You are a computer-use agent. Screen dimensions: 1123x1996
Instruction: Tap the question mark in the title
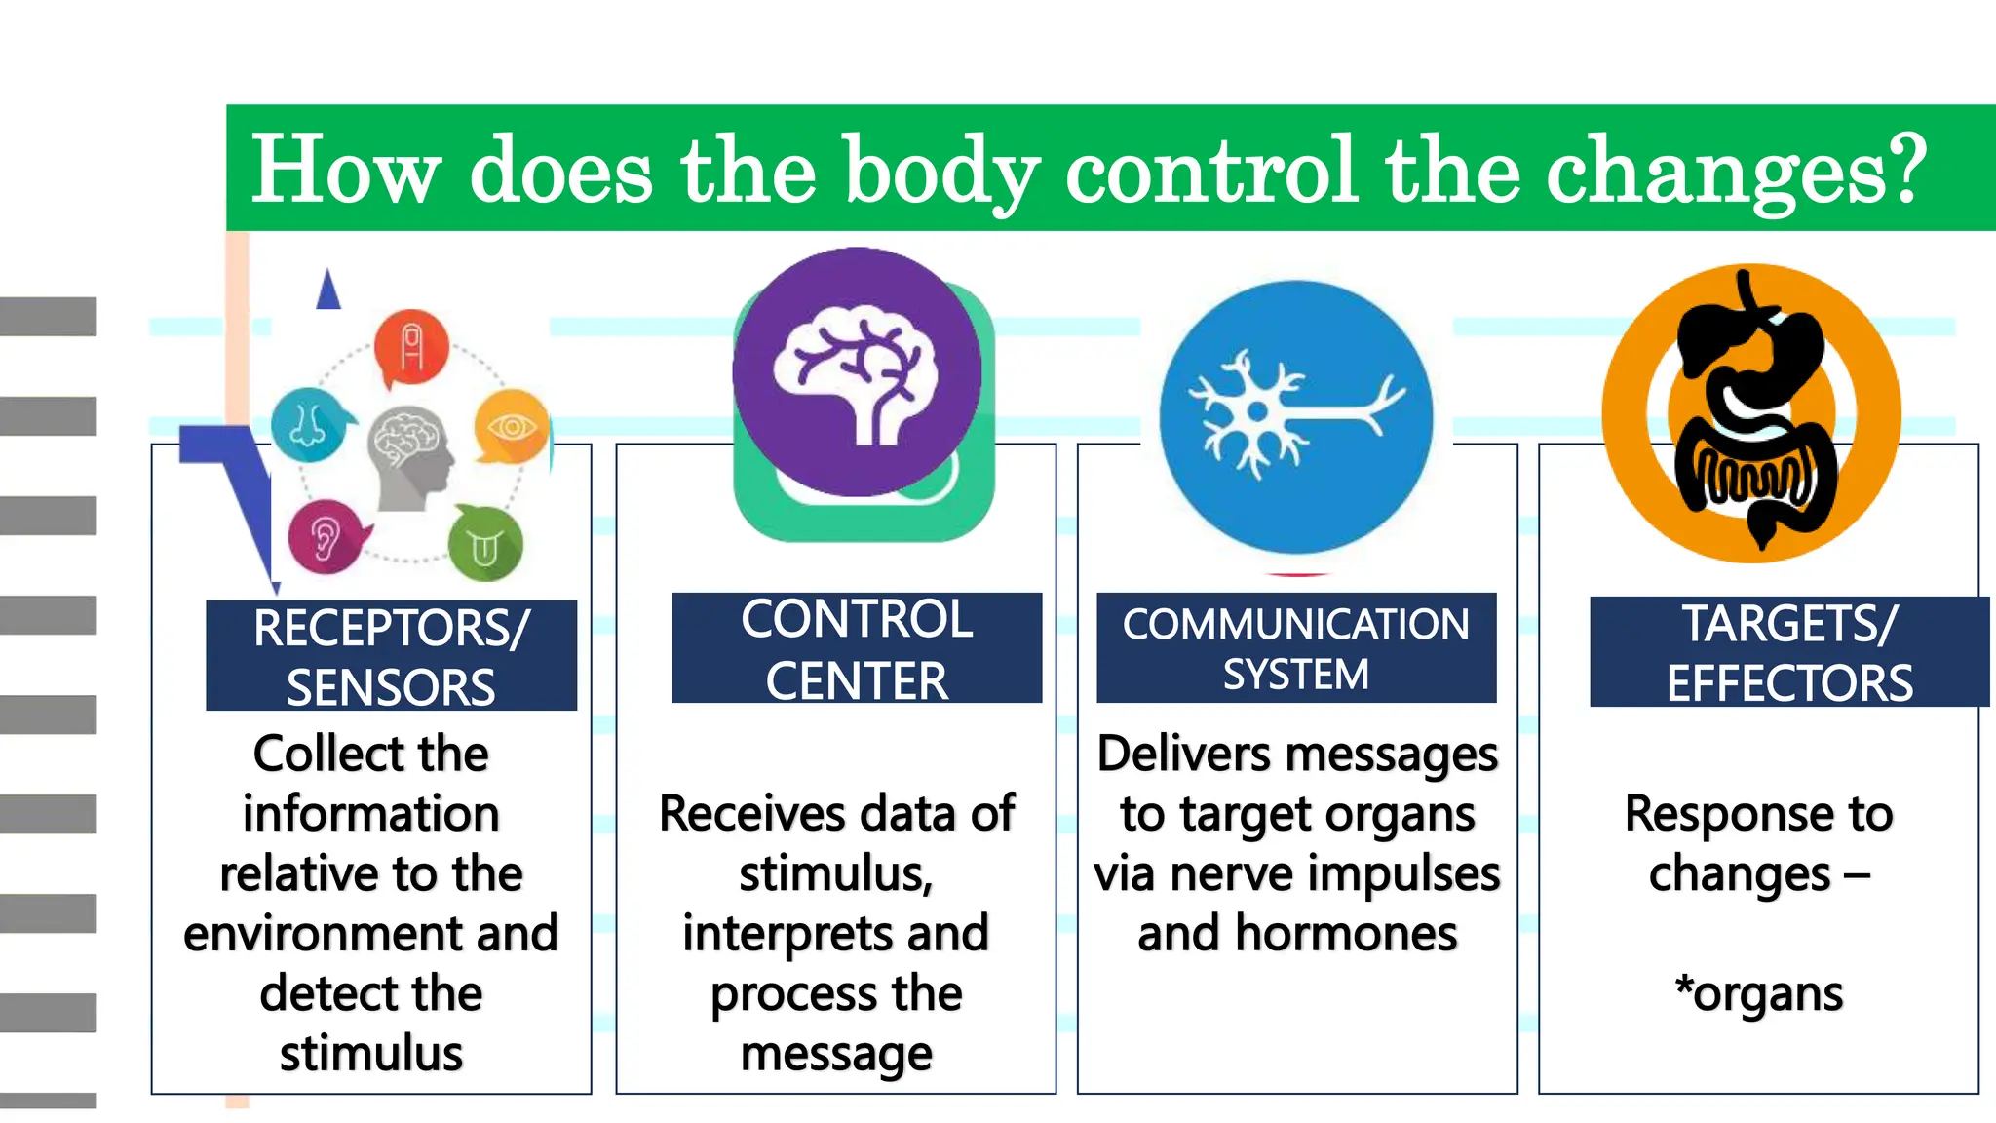1901,168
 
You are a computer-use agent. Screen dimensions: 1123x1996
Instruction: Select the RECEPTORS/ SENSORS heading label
391,656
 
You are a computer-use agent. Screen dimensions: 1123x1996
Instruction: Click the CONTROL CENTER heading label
856,648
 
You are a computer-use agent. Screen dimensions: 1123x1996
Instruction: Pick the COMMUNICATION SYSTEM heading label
1295,648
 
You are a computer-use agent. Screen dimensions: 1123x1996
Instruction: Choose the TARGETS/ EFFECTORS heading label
1788,652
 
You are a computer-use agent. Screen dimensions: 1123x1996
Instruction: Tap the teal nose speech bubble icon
308,424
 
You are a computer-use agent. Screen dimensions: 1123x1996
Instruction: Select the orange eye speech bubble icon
512,427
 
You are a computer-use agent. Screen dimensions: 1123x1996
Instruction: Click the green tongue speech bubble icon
485,545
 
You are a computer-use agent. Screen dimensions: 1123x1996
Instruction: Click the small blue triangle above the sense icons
328,290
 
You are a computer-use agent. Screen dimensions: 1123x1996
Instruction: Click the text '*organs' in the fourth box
1758,994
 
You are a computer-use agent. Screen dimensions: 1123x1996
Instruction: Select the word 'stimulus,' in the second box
836,873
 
